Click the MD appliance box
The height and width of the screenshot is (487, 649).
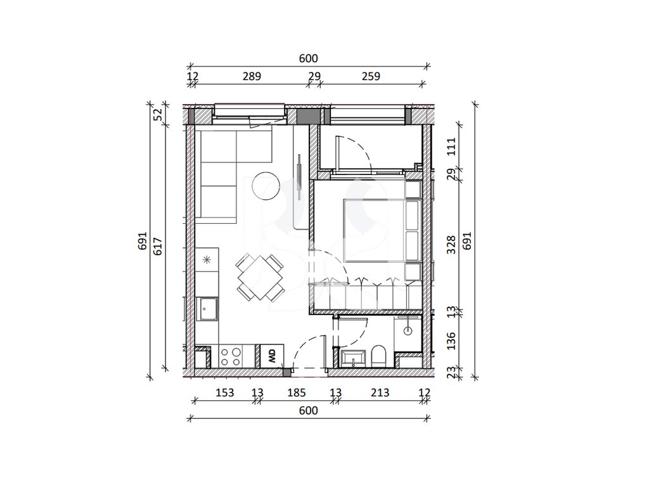coord(272,356)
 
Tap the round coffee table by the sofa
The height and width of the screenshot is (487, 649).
coord(266,186)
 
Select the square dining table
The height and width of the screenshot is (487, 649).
coord(260,278)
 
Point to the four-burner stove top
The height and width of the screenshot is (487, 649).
coord(231,357)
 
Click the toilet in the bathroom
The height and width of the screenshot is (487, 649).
coord(378,356)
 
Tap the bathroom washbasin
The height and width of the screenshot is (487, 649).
coord(352,358)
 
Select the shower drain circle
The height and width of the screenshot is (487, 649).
coord(408,331)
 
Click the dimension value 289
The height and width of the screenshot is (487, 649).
coord(252,77)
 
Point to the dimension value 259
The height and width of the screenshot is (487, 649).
coord(370,77)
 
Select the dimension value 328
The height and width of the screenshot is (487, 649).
coord(451,245)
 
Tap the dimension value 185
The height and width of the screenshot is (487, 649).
coord(297,393)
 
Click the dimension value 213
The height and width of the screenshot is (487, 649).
coord(380,393)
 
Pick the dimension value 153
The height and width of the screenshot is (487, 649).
coord(225,393)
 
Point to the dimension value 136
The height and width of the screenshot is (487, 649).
coord(451,341)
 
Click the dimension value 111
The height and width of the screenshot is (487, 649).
coord(451,146)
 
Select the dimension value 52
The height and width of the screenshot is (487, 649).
coord(158,114)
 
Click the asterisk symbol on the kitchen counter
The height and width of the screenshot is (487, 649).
coord(207,259)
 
